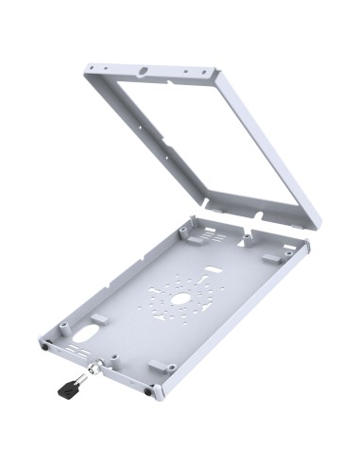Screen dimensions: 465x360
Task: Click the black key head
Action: tap(65, 387)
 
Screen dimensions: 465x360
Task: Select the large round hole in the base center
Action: tap(180, 299)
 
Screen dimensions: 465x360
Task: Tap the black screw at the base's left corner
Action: tap(45, 344)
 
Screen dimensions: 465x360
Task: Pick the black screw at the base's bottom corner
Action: tap(148, 392)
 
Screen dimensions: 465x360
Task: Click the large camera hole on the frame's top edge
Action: tap(145, 72)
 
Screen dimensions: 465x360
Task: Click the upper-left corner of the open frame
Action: tap(88, 67)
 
